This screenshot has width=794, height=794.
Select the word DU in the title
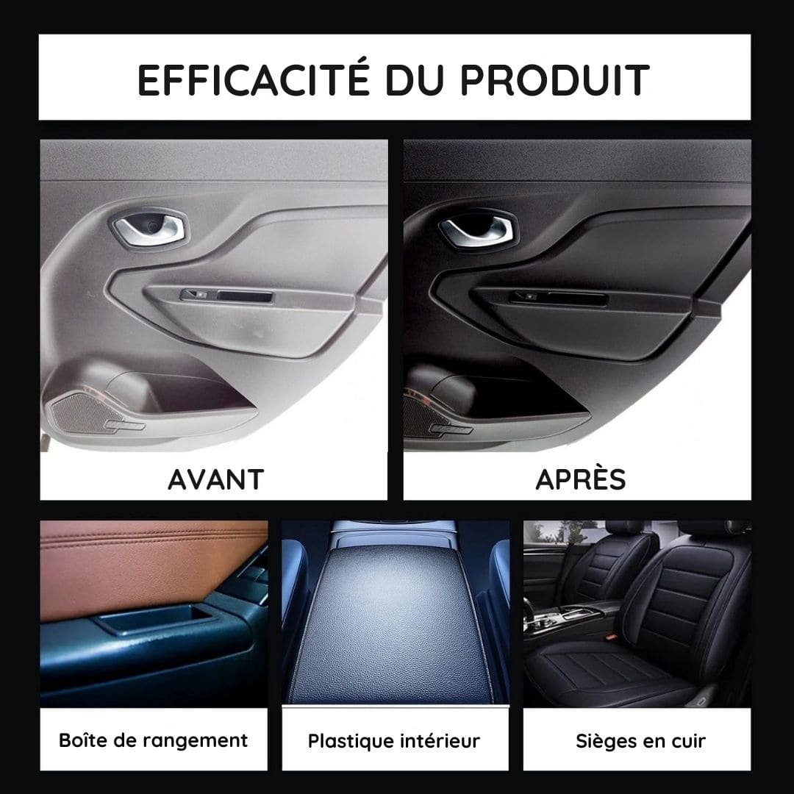pyautogui.click(x=415, y=80)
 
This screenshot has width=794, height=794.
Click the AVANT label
pyautogui.click(x=215, y=479)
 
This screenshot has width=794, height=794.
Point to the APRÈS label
pyautogui.click(x=580, y=479)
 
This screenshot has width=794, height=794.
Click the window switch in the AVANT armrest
pyautogui.click(x=198, y=295)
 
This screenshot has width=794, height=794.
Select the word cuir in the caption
pyautogui.click(x=689, y=742)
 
